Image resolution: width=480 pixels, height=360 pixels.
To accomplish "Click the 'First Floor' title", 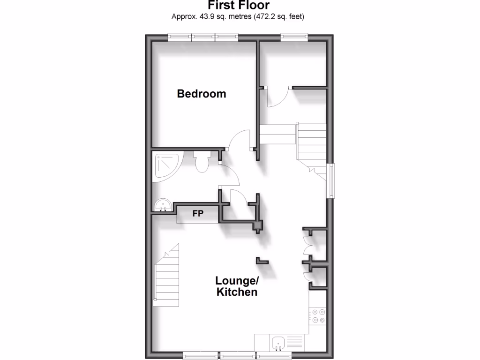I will pos(239,6).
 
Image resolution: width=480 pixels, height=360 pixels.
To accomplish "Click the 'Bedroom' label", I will pos(201,94).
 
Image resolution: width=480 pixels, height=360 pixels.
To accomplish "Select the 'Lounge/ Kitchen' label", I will pos(236,286).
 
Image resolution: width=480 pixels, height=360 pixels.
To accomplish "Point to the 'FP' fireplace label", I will pos(198,214).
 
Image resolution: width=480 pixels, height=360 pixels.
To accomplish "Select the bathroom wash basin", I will pos(163,204).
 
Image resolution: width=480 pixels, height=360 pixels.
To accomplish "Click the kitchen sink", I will pos(278,342).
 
